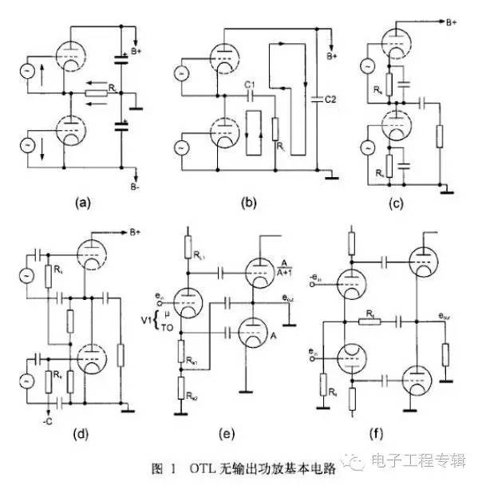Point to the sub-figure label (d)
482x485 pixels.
click(83, 433)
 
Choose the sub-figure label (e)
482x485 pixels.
click(247, 433)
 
